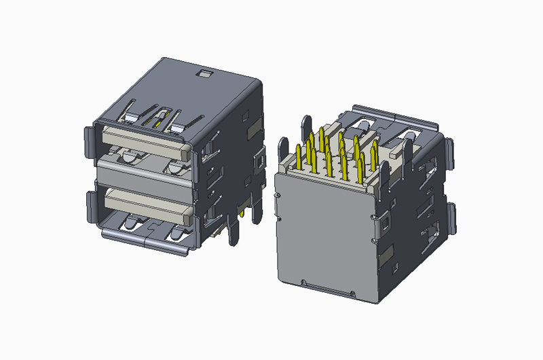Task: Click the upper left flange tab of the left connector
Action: (x=90, y=142)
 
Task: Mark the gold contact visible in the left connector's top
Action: (x=158, y=122)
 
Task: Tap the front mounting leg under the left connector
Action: (x=235, y=231)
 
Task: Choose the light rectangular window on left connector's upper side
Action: (x=252, y=128)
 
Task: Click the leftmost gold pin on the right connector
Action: (x=300, y=156)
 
